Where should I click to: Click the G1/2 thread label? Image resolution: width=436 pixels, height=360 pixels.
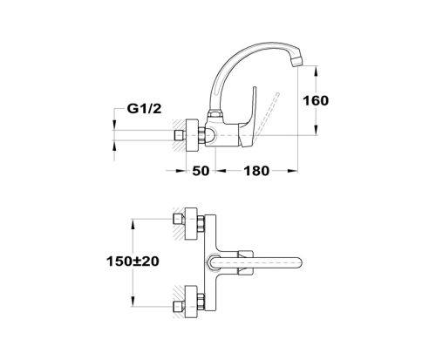[x=144, y=109]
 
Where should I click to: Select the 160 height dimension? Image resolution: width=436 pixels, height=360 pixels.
[x=316, y=101]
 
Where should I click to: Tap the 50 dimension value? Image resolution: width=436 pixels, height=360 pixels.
[x=201, y=171]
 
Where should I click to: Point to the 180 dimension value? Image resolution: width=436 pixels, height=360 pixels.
[x=256, y=171]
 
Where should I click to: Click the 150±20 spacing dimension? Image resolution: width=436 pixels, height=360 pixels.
[x=133, y=262]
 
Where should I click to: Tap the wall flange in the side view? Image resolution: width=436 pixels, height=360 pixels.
[x=192, y=135]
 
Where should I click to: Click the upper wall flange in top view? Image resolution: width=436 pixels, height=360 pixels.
[x=192, y=223]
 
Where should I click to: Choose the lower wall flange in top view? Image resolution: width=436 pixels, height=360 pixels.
[x=192, y=302]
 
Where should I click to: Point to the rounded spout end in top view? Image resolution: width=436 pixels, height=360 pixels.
[x=298, y=262]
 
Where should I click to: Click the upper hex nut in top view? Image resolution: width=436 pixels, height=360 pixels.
[x=201, y=224]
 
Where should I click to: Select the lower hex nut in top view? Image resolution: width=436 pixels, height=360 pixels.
[x=201, y=302]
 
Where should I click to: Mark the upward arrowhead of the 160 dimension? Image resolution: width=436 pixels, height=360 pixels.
[x=316, y=71]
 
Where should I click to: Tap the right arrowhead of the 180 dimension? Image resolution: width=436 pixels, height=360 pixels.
[x=292, y=171]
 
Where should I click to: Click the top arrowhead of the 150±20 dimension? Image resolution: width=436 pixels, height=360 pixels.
[x=133, y=224]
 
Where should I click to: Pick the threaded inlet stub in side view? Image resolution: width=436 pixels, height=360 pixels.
[x=179, y=135]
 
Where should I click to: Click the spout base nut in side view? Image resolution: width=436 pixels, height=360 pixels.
[x=215, y=114]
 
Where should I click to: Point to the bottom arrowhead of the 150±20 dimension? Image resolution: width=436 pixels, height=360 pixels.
[x=133, y=301]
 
